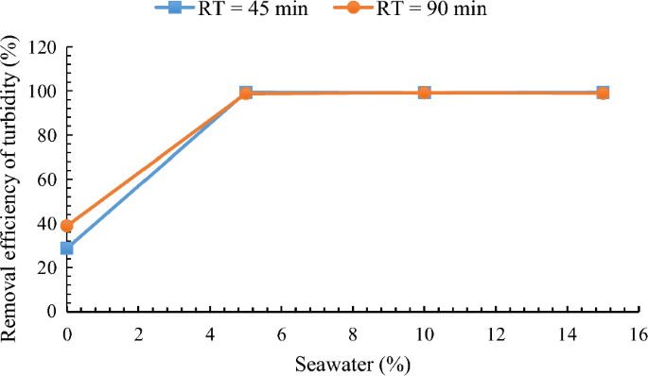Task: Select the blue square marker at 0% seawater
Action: [x=67, y=248]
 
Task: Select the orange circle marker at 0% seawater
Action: [x=67, y=226]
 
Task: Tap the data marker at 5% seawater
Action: [x=246, y=93]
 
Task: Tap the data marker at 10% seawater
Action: [x=425, y=93]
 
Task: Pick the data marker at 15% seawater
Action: [x=603, y=93]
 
